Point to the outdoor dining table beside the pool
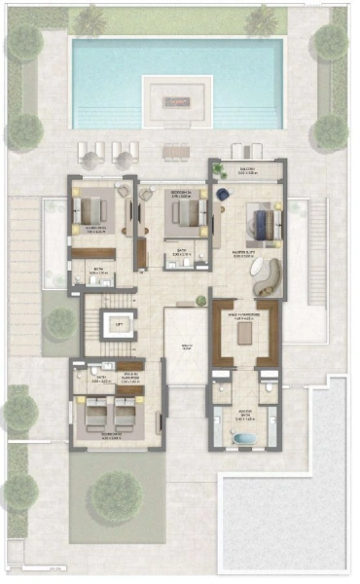(x=176, y=151)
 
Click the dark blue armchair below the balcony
(x=222, y=195)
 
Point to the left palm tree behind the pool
(x=90, y=19)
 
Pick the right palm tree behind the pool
(x=260, y=19)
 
